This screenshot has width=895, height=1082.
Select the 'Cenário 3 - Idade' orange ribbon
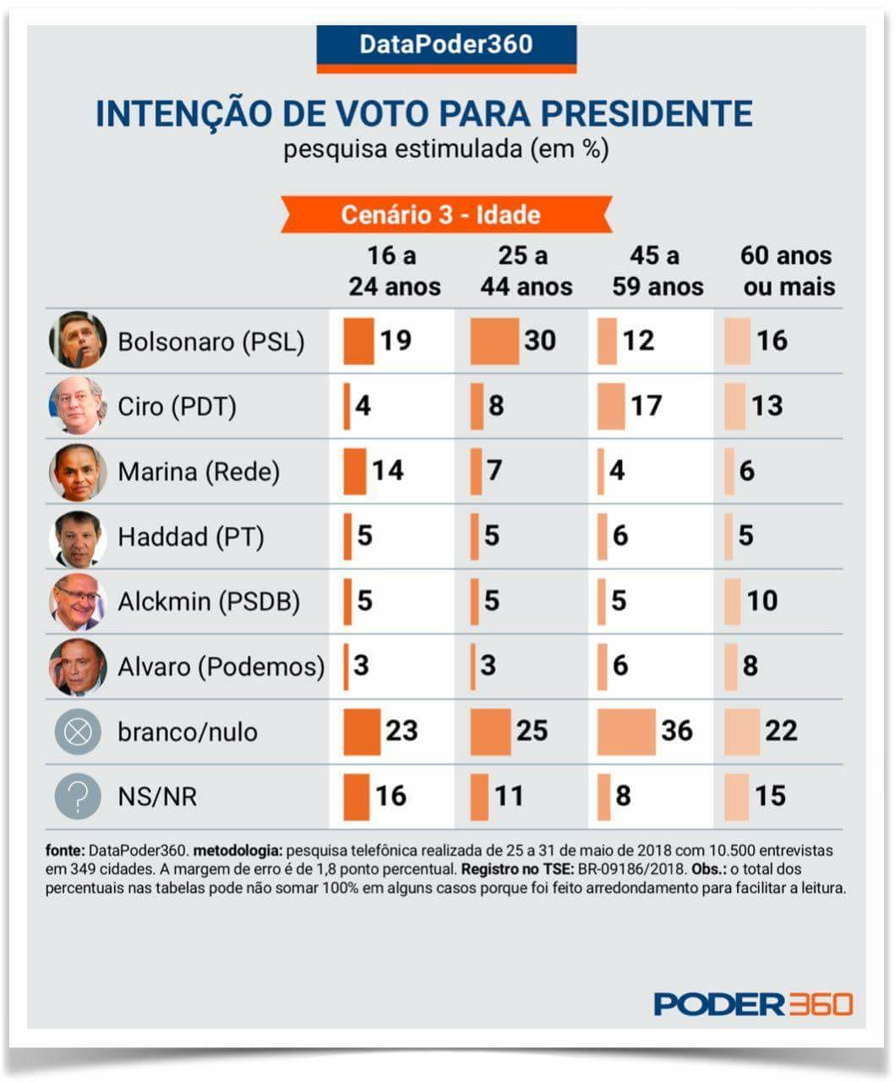pos(445,215)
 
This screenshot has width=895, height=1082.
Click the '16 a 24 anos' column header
pos(394,271)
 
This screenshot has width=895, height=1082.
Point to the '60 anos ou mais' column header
pos(788,271)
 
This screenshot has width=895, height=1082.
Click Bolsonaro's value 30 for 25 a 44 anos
pos(539,341)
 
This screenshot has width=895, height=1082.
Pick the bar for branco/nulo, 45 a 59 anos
pos(626,731)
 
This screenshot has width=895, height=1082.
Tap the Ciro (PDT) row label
pos(177,407)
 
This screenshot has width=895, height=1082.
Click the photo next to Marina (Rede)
pos(78,472)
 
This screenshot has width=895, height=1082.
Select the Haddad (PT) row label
pos(190,537)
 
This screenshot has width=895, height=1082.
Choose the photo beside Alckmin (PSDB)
pos(78,602)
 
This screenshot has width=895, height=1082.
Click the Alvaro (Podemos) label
pos(221,667)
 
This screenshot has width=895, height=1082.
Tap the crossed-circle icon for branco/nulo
pos(78,732)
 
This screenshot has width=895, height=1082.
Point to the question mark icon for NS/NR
pos(78,796)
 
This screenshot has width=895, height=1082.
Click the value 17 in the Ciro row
pos(647,406)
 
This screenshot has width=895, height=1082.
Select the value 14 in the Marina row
pos(387,471)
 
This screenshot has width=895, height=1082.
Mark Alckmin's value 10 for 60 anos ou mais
pos(761,601)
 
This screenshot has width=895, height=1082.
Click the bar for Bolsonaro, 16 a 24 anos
pos(358,341)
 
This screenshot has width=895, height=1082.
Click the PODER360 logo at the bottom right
pos(753,1004)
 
